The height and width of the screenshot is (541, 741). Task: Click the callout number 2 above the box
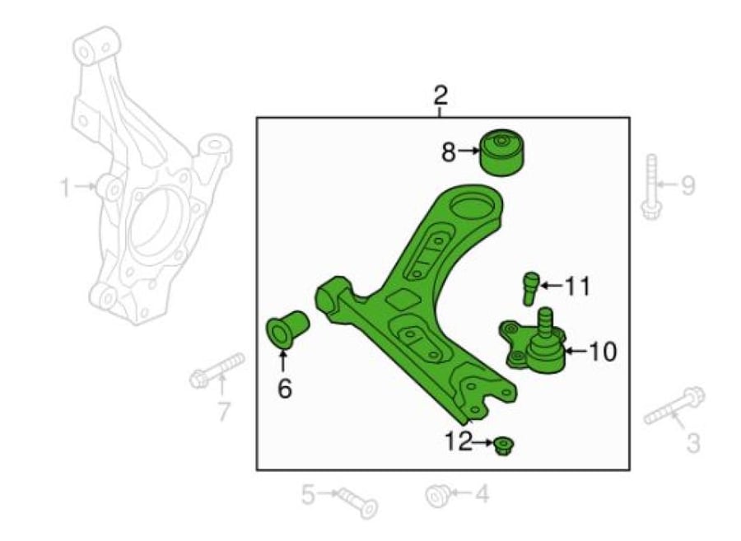click(x=440, y=96)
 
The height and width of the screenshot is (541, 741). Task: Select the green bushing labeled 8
click(x=502, y=152)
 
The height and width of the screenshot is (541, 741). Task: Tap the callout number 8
click(x=449, y=152)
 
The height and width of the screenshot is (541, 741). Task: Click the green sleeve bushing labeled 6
click(x=287, y=330)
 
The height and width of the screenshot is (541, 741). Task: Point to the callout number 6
click(x=285, y=389)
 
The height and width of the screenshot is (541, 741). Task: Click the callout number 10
click(x=601, y=352)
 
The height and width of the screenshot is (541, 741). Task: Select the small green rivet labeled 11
click(x=530, y=289)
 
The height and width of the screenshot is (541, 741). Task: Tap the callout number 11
click(x=577, y=287)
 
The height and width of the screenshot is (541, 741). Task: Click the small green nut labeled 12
click(x=504, y=445)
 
